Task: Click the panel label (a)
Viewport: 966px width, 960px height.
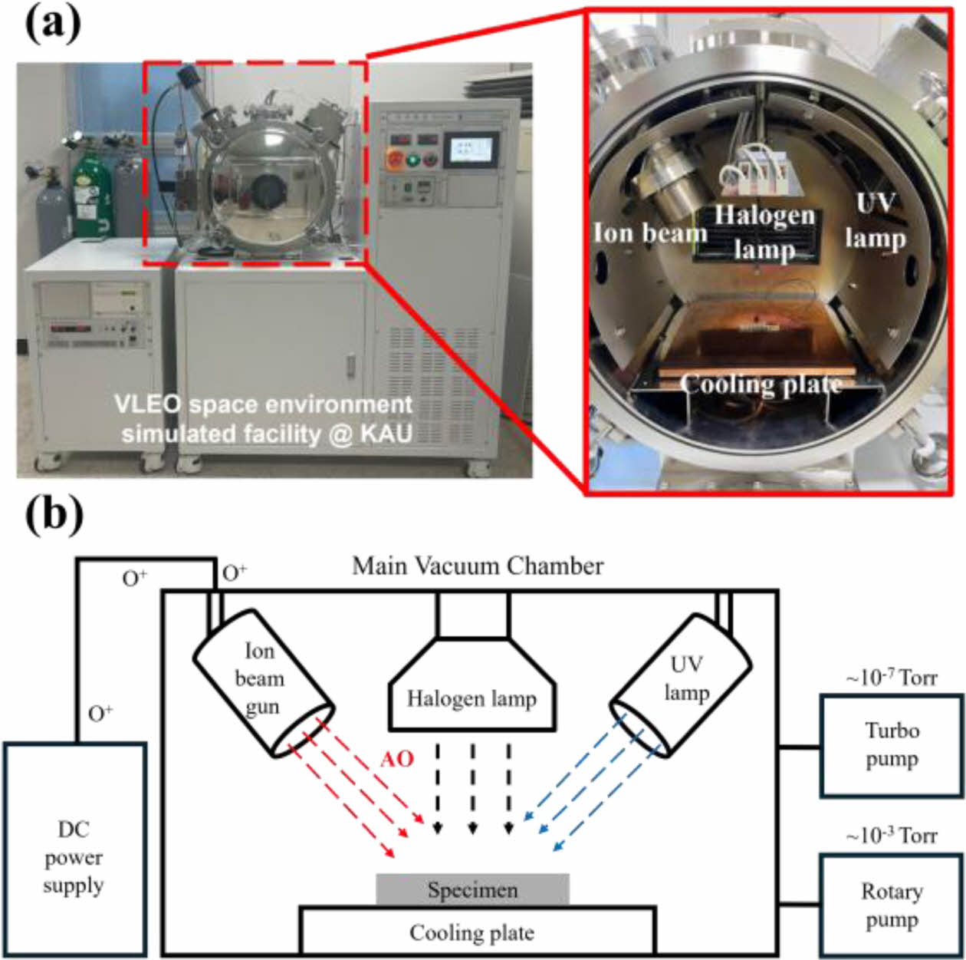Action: pos(52,27)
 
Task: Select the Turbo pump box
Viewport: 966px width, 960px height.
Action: pos(892,745)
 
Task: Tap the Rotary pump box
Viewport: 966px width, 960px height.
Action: pos(892,906)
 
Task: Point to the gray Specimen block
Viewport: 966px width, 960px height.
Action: pos(472,890)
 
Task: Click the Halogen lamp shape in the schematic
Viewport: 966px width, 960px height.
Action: pos(472,694)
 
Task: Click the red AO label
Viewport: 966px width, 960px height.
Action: pos(397,759)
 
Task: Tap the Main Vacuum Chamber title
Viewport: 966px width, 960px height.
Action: pos(477,566)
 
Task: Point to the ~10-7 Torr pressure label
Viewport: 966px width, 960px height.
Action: pos(891,678)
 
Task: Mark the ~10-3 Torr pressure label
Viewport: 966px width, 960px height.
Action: pos(891,836)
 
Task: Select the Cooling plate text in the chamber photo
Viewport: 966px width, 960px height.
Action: pos(761,384)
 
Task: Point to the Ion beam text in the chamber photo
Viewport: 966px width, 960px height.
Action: pos(650,233)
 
